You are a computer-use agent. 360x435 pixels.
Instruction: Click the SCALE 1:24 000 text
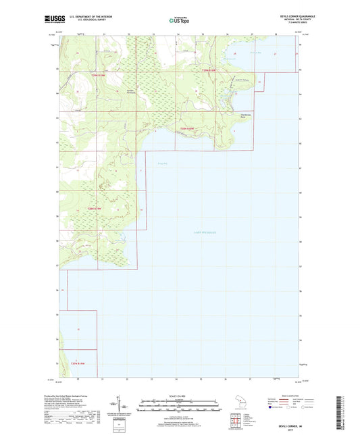pos(179,396)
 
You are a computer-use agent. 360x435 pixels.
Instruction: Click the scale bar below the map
pos(179,407)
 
